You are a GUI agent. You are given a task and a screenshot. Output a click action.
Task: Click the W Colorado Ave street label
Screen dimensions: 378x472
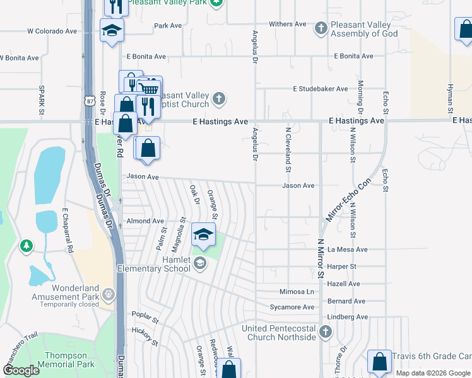pyautogui.click(x=52, y=31)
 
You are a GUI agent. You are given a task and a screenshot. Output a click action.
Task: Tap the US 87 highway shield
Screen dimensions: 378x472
pyautogui.click(x=91, y=100)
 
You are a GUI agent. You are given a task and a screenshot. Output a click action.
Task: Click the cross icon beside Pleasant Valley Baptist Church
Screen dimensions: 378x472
pyautogui.click(x=218, y=98)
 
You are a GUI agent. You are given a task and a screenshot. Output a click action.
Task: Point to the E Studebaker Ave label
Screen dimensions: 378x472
pyautogui.click(x=320, y=89)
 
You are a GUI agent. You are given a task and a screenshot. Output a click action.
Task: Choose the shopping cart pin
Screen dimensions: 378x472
pyautogui.click(x=149, y=89)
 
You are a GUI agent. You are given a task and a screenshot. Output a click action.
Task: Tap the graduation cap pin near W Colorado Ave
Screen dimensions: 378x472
pyautogui.click(x=112, y=31)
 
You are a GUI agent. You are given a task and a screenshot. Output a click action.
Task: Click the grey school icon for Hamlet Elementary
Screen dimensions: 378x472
pyautogui.click(x=200, y=263)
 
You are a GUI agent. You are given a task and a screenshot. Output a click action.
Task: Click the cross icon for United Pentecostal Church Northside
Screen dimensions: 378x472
pyautogui.click(x=326, y=331)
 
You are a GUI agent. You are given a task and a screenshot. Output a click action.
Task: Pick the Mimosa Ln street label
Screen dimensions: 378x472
pyautogui.click(x=297, y=292)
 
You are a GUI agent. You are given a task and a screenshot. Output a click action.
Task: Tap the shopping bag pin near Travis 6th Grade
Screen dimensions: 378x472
pyautogui.click(x=379, y=362)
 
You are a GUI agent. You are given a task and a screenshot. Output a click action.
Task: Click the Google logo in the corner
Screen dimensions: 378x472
pyautogui.click(x=21, y=370)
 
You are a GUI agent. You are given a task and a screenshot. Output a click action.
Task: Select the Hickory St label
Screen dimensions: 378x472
pyautogui.click(x=145, y=337)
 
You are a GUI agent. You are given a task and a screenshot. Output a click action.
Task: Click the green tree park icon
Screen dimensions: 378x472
pyautogui.click(x=26, y=245)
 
